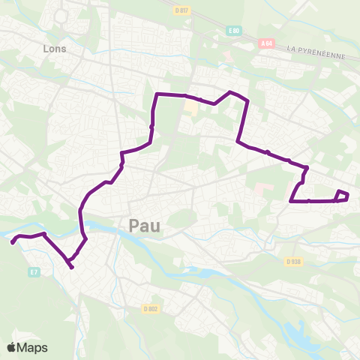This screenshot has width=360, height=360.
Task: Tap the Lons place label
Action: (x=54, y=49)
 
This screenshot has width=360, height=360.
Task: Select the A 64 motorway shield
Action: (x=265, y=44)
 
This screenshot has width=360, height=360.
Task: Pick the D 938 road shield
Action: (x=292, y=262)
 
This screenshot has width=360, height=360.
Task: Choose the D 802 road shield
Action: (x=151, y=308)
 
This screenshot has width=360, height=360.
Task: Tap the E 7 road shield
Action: (x=33, y=272)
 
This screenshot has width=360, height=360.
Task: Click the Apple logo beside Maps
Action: (x=13, y=347)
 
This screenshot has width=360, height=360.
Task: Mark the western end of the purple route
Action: (x=12, y=242)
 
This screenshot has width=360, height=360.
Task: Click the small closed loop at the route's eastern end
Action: (x=342, y=196)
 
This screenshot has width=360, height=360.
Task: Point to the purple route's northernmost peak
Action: (x=230, y=91)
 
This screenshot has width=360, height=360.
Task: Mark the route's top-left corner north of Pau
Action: (x=157, y=94)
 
